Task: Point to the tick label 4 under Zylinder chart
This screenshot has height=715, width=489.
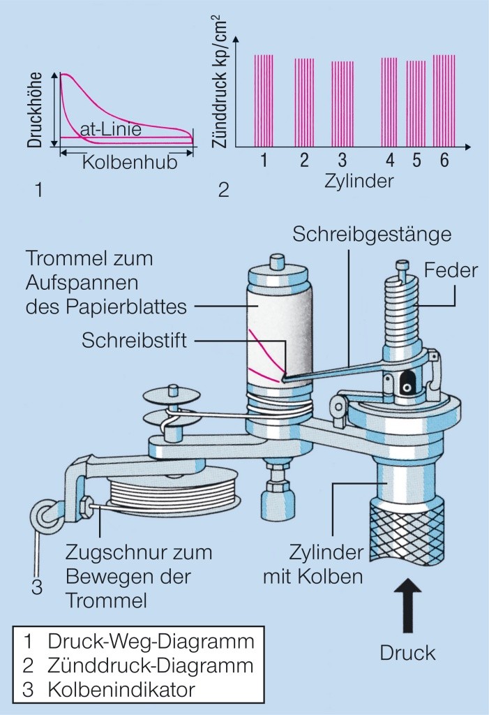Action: tap(390, 161)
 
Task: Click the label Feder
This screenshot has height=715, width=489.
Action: tap(452, 270)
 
